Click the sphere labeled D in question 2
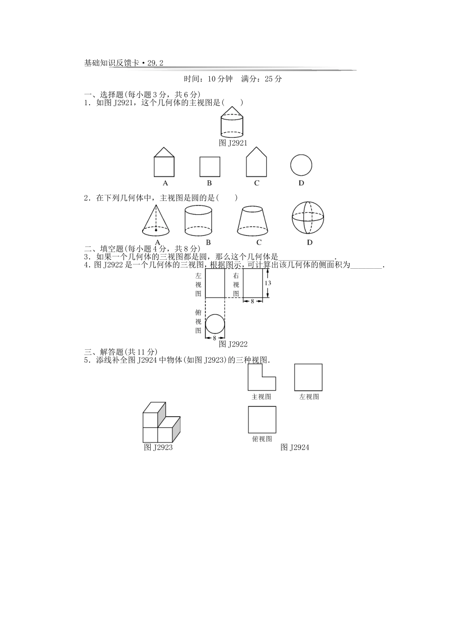click(x=308, y=218)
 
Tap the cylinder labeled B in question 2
click(x=198, y=220)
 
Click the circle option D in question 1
click(x=301, y=166)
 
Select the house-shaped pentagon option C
click(x=256, y=163)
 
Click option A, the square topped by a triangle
click(x=164, y=163)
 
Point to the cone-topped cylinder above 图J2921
click(x=232, y=121)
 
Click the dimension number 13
click(x=268, y=283)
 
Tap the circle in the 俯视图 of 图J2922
click(x=215, y=325)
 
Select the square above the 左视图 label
click(x=308, y=377)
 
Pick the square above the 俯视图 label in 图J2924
click(x=262, y=419)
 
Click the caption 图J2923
click(x=158, y=447)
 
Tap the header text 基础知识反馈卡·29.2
click(x=123, y=63)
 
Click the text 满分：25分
click(x=261, y=79)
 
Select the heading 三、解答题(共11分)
click(x=120, y=352)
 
